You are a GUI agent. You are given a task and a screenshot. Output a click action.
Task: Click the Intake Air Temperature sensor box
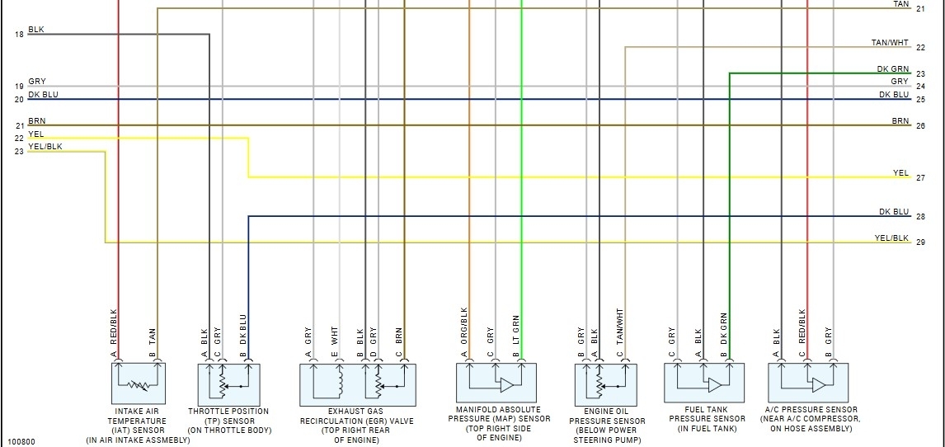point(137,383)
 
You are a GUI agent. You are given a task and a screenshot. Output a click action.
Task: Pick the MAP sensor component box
point(496,383)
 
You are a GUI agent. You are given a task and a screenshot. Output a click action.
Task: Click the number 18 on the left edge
point(18,35)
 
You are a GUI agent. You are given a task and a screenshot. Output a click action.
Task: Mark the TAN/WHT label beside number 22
point(890,43)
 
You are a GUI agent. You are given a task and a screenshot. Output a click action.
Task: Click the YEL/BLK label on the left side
point(45,147)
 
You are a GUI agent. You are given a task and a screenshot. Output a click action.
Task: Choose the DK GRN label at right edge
point(893,70)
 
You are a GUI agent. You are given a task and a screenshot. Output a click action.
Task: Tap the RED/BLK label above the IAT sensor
point(115,326)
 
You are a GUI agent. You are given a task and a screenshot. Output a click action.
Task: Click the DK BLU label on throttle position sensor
point(243,328)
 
